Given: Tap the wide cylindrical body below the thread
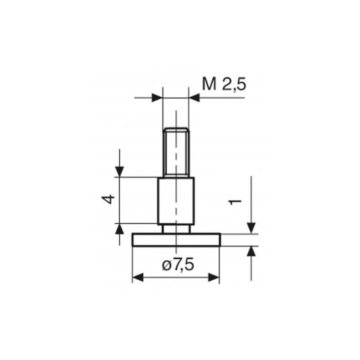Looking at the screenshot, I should click(175, 201).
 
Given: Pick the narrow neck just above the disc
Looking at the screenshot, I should click(175, 228).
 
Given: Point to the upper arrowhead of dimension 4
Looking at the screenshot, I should click(119, 171).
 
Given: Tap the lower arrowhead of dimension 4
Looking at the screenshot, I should click(119, 229).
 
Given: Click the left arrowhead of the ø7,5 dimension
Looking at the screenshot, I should click(138, 278).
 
